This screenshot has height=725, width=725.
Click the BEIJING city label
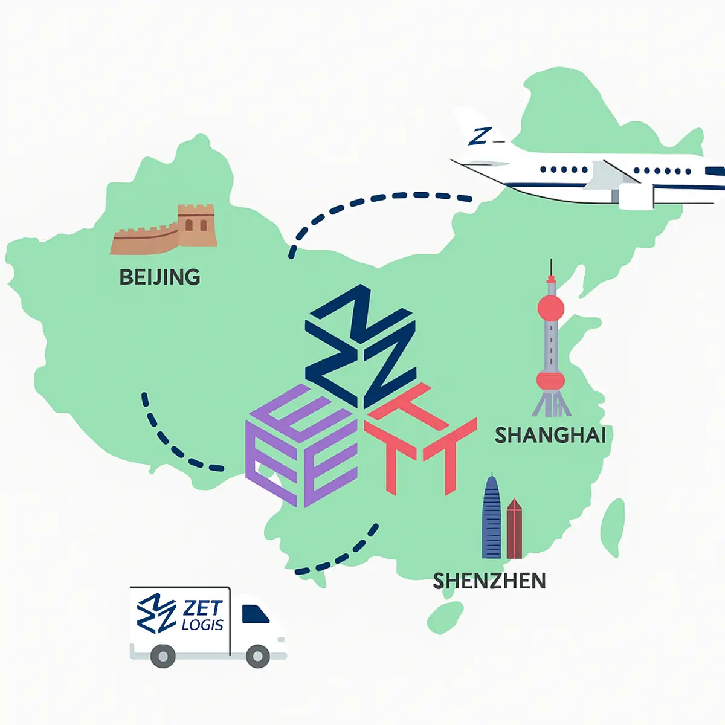tap(160, 277)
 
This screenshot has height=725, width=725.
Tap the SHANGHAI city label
tap(550, 436)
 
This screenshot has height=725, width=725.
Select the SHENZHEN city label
tap(489, 581)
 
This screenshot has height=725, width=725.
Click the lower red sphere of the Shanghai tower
tap(551, 381)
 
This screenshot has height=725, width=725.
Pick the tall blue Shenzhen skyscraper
tap(492, 517)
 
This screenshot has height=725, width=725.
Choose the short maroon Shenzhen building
tap(514, 529)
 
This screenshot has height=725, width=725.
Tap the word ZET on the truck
tap(203, 609)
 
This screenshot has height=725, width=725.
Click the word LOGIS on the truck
tap(203, 625)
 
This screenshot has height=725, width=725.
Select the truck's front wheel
tap(258, 656)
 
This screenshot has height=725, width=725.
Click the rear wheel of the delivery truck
tap(163, 656)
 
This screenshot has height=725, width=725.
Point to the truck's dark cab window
tap(254, 614)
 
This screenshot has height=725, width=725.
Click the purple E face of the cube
tap(301, 446)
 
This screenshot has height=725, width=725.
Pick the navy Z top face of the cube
tap(361, 346)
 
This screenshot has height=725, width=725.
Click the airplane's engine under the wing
tap(636, 196)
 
